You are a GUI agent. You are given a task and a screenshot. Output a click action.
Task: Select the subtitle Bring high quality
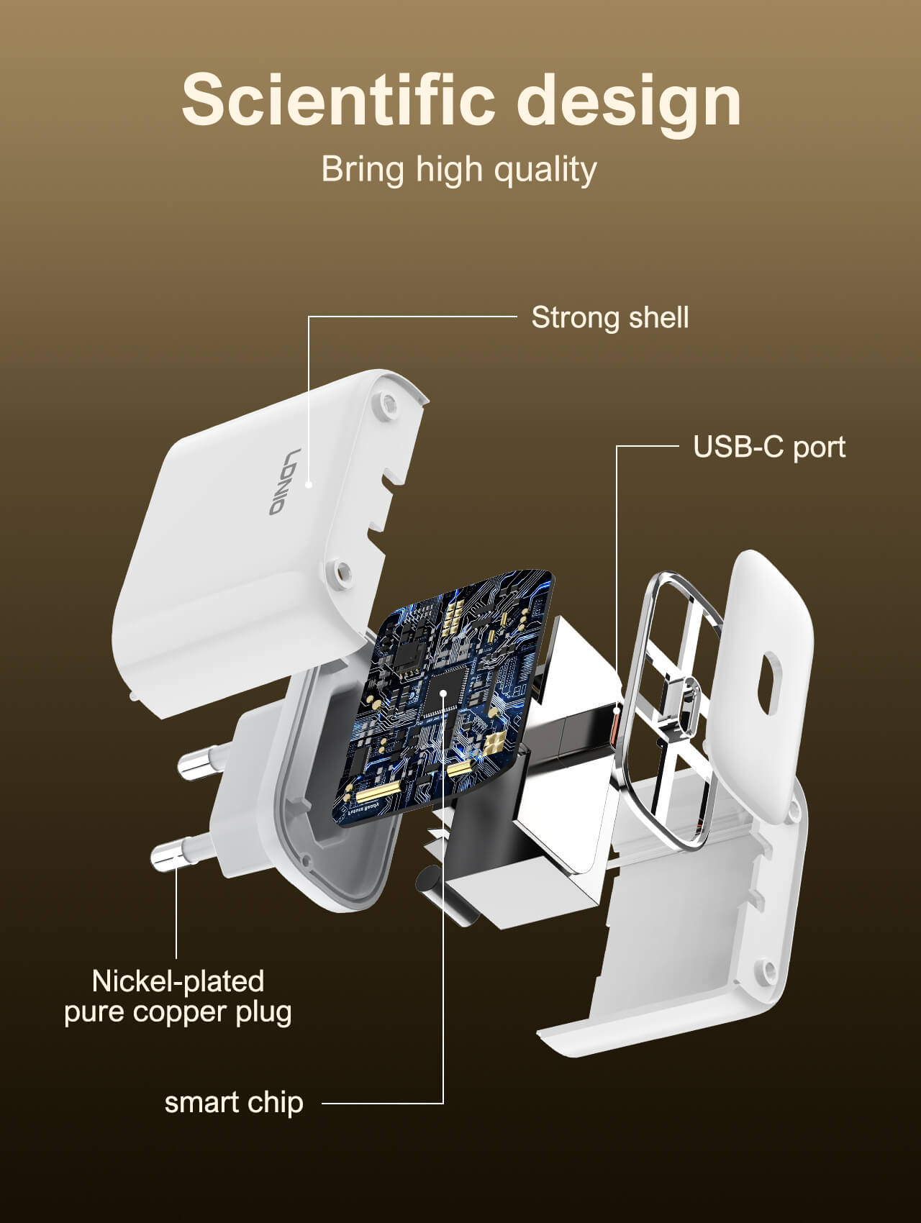[458, 169]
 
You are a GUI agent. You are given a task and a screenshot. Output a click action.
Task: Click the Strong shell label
[609, 317]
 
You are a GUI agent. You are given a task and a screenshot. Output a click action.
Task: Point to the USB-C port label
[768, 447]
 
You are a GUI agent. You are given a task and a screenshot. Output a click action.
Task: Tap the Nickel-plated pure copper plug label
[178, 996]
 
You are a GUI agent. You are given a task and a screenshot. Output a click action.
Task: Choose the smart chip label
[234, 1102]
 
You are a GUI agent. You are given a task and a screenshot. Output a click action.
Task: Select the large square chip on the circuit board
[444, 693]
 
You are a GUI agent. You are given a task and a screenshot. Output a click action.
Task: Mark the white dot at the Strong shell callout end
[309, 485]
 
